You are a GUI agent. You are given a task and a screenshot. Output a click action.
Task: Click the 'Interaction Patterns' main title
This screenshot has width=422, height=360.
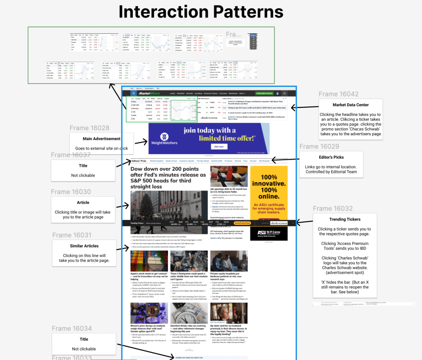[x=201, y=12]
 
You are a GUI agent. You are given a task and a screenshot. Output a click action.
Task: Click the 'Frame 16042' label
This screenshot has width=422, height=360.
[x=338, y=94]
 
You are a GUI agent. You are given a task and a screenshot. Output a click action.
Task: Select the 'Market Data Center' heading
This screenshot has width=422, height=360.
[x=351, y=105]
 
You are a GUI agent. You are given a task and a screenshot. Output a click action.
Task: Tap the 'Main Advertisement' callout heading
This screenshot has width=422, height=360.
[x=101, y=139]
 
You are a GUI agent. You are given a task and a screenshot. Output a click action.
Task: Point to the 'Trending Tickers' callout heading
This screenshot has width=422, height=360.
[x=345, y=219]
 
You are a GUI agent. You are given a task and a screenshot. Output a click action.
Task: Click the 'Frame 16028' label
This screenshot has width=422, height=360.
[x=90, y=128]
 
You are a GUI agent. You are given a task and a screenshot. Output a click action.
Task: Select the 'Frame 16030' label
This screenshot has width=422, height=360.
[x=71, y=192]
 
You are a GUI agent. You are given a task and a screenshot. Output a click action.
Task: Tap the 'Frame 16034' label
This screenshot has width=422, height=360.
[x=72, y=329]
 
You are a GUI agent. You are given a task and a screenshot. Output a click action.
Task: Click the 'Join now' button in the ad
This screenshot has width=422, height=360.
[x=218, y=146]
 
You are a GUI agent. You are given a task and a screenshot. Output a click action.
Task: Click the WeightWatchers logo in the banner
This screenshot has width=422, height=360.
[x=164, y=139]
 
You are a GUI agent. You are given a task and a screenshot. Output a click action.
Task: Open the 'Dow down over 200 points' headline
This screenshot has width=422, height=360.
[x=168, y=178]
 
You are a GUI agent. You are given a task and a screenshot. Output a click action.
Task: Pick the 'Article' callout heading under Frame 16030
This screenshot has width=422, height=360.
[x=83, y=202]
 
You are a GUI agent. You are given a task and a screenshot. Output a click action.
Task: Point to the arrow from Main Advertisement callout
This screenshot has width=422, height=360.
[x=141, y=143]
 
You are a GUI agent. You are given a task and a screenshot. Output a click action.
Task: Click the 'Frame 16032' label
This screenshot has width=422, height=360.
[x=332, y=208]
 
